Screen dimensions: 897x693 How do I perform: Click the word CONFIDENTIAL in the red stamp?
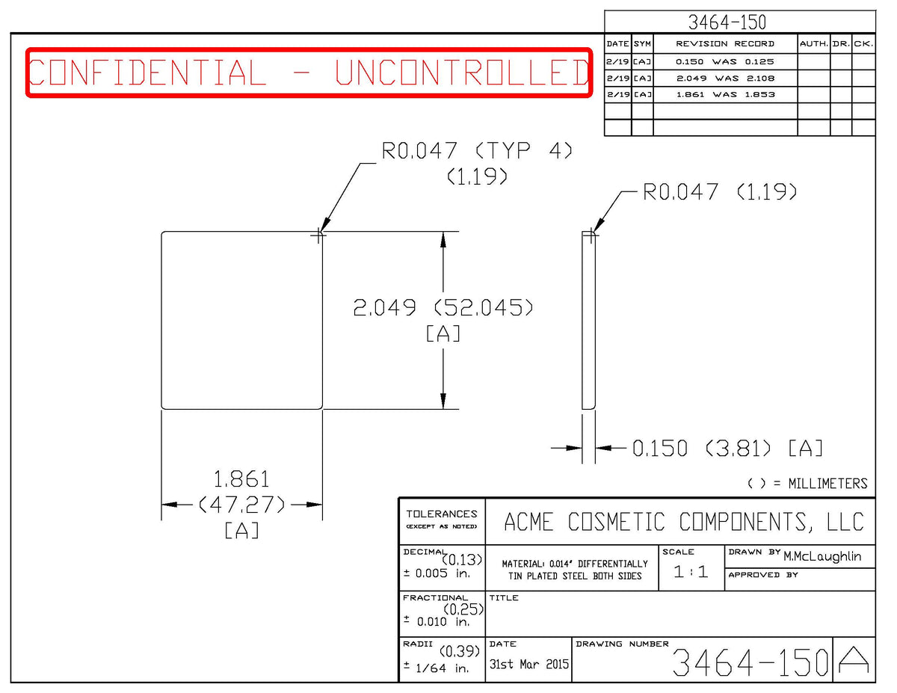pos(147,73)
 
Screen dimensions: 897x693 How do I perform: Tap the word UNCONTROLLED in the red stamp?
pos(462,73)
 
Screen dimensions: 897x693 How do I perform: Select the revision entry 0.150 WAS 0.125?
pos(724,61)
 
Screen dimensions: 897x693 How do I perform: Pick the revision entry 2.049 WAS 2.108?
pos(725,78)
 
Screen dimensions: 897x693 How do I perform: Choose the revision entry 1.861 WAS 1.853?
pos(725,94)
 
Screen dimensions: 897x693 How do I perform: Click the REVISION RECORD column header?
pos(725,44)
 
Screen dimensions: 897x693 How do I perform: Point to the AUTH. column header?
pos(813,44)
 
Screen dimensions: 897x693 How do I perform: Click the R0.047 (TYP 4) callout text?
pos(477,151)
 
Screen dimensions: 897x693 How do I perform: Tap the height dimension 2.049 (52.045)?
pos(443,307)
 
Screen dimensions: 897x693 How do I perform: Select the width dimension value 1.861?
pos(241,479)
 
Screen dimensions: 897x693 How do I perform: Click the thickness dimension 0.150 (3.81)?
pos(701,449)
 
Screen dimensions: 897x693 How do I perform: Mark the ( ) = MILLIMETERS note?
pos(807,484)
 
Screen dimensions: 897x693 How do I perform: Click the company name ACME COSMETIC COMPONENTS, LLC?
pos(683,521)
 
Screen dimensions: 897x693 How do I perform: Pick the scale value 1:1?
pos(691,572)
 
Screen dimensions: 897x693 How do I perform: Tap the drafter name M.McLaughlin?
pos(822,557)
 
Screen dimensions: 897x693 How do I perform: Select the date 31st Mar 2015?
pos(528,664)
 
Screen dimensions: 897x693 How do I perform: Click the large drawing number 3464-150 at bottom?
pos(750,662)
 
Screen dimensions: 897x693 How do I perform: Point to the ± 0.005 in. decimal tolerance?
pos(437,573)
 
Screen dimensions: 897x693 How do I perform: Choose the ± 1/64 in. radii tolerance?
pos(437,668)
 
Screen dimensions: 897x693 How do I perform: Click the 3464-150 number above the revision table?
pos(727,22)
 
